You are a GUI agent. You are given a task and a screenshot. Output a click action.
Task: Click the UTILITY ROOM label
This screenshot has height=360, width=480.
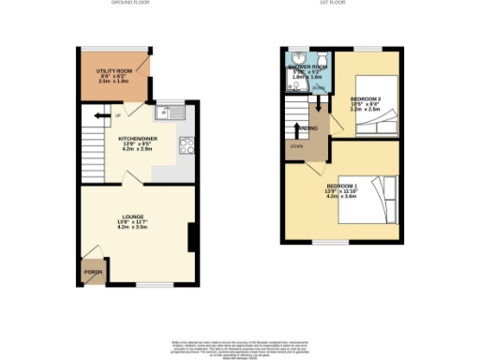coord(112,71)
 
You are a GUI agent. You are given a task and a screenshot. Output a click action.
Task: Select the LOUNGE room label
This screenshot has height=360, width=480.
coord(129,220)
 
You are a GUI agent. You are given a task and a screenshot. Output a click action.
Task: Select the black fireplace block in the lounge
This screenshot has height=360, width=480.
coord(191,236)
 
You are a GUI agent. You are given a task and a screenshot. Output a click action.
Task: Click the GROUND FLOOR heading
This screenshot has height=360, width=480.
coord(130,4)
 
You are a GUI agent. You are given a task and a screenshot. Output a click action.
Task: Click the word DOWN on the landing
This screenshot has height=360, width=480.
coord(296,146)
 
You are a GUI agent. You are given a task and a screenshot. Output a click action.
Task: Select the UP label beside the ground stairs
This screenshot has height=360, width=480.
coord(116,116)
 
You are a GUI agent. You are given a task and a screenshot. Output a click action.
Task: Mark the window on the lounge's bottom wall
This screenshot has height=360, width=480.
coord(155,283)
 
